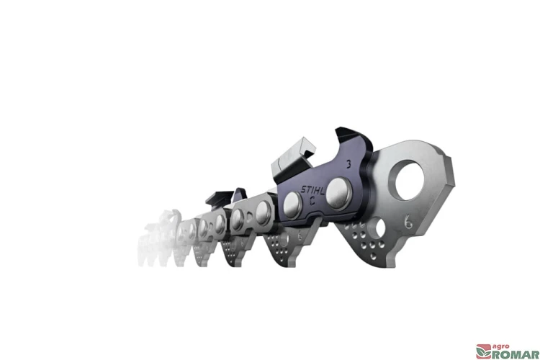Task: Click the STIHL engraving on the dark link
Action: click(x=312, y=189)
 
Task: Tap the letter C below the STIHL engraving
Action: click(x=312, y=201)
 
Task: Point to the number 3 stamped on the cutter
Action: click(x=348, y=164)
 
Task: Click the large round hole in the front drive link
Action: click(x=410, y=181)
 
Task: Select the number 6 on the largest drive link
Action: click(x=408, y=221)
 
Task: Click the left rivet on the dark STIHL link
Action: click(x=292, y=205)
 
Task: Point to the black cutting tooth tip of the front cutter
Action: click(x=354, y=136)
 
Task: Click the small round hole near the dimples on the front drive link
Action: click(x=380, y=228)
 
